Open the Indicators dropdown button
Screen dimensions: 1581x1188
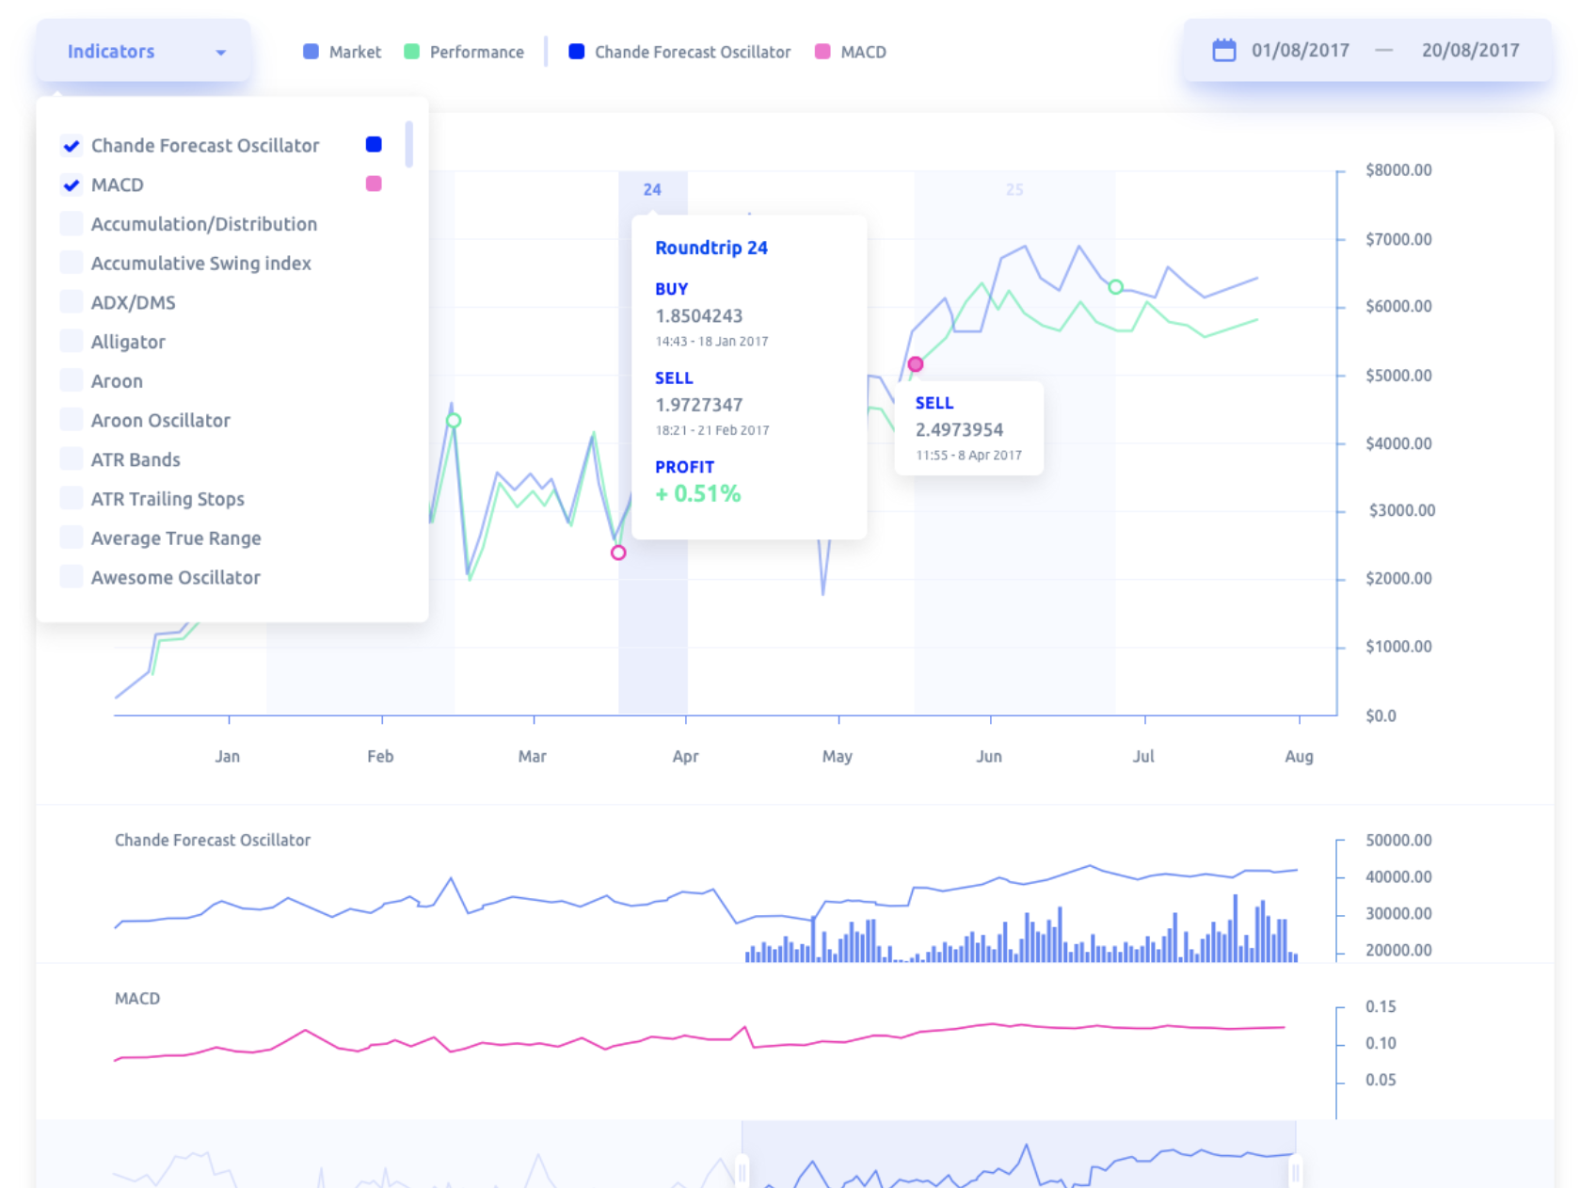click(x=143, y=51)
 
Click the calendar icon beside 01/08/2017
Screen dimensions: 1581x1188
click(x=1223, y=51)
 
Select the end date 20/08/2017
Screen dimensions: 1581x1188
click(x=1470, y=51)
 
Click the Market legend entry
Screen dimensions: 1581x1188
click(x=343, y=52)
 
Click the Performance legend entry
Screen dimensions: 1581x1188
click(x=464, y=52)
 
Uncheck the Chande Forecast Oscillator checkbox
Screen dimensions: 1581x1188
click(x=72, y=146)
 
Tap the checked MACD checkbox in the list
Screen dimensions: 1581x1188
click(x=72, y=185)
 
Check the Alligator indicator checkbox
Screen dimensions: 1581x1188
click(x=72, y=342)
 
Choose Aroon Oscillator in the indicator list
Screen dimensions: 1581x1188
click(x=161, y=420)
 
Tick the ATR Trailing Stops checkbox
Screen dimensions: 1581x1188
click(x=72, y=499)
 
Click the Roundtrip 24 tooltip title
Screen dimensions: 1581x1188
click(x=711, y=248)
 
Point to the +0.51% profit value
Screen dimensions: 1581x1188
click(x=698, y=493)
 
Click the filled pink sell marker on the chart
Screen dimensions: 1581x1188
click(x=915, y=363)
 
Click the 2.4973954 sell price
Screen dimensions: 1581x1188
click(x=959, y=429)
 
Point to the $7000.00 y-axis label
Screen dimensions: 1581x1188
click(x=1398, y=239)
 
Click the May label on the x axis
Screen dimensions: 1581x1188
click(x=837, y=757)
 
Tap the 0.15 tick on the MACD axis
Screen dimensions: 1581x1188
click(x=1380, y=1006)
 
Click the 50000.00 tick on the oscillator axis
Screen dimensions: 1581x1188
click(x=1398, y=840)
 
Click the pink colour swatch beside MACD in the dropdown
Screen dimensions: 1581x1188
click(x=373, y=184)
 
